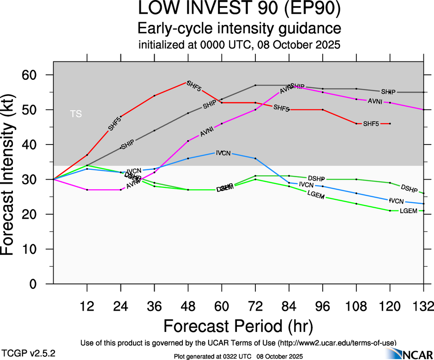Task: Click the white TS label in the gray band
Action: tap(76, 114)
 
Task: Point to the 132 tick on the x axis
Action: tap(423, 306)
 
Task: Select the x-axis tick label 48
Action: tap(188, 306)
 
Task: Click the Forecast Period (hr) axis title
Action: tap(238, 326)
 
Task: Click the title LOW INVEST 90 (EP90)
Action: tap(239, 9)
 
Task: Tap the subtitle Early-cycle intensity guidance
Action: tap(239, 29)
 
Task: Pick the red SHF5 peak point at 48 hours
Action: tap(188, 82)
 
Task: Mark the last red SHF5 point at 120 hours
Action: tap(390, 124)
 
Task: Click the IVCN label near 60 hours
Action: tap(223, 152)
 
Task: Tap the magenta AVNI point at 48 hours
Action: tap(188, 141)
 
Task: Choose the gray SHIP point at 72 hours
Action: tap(255, 85)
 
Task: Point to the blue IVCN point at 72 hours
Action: tap(255, 158)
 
